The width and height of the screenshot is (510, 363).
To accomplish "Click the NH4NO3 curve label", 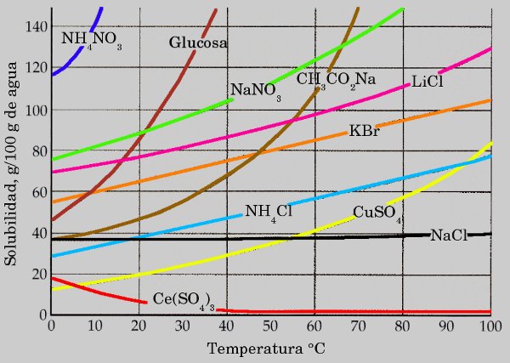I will [x=91, y=39].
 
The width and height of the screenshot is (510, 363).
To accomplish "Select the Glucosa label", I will [x=197, y=42].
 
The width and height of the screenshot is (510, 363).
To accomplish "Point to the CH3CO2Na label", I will [x=336, y=80].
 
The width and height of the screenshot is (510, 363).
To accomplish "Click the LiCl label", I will [x=428, y=81].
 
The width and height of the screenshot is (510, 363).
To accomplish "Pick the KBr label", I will [x=364, y=132].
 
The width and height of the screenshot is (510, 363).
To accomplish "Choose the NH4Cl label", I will [x=268, y=212].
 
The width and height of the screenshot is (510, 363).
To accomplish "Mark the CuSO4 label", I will [x=377, y=213].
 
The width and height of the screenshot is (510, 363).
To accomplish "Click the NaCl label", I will [x=449, y=235].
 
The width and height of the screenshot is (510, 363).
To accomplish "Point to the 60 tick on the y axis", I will [x=37, y=192].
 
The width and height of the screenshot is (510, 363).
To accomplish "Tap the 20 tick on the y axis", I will [x=37, y=274].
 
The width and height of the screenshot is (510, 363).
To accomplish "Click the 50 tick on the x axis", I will [x=270, y=326].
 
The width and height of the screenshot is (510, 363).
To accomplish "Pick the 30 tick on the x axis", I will [x=183, y=326].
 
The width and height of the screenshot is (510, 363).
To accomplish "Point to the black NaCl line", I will [x=255, y=239].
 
